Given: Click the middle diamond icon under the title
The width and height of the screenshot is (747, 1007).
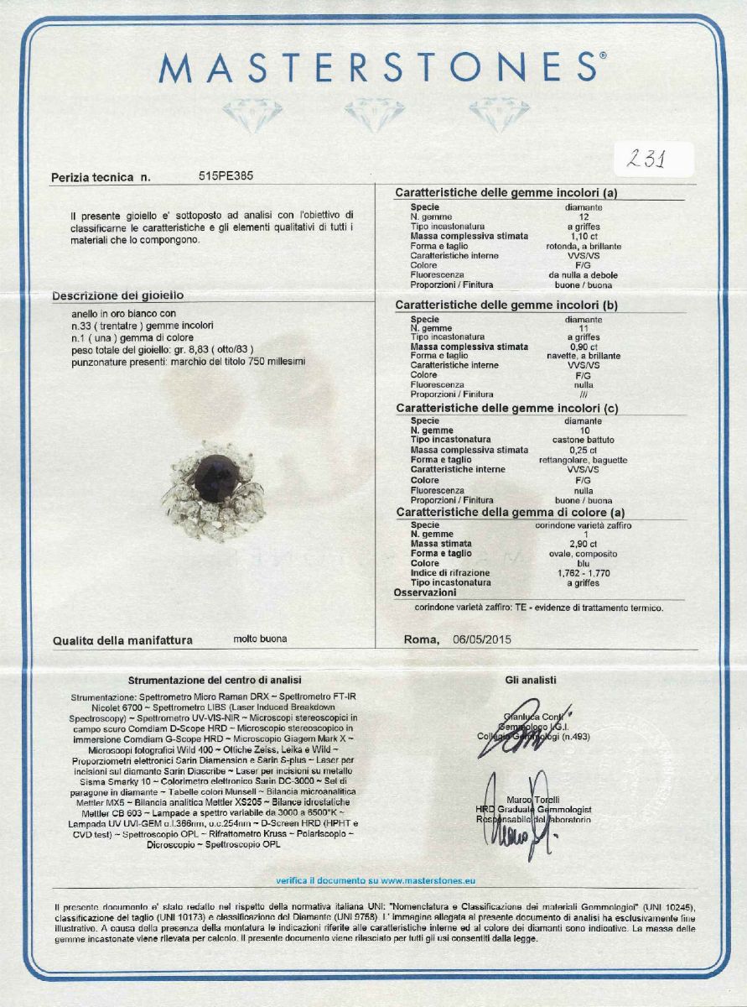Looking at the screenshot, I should coord(374,114).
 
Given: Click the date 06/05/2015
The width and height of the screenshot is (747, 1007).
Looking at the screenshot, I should coord(482,639).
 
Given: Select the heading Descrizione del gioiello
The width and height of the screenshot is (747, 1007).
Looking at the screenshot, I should coord(117,295).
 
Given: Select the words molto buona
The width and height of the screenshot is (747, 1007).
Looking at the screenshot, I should coord(260,639).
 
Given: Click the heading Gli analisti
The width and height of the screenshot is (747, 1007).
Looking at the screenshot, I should coord(531,680).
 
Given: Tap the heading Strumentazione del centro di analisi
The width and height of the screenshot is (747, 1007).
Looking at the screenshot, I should coord(215,680).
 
